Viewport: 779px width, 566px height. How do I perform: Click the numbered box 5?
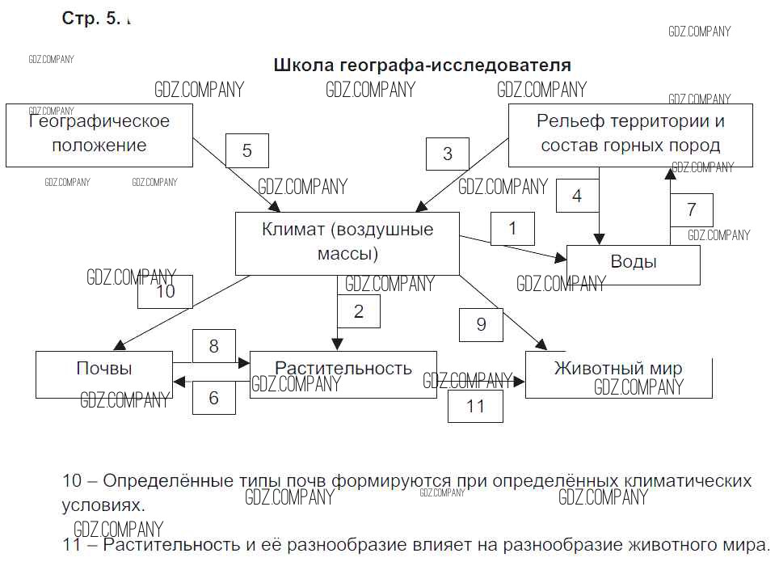click(x=246, y=150)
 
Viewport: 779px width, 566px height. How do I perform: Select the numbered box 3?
click(x=448, y=154)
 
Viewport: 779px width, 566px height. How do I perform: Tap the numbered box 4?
click(x=577, y=196)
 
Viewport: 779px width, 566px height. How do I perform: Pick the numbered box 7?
click(x=691, y=210)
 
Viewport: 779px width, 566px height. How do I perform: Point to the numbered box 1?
click(x=512, y=229)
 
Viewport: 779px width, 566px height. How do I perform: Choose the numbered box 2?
click(x=359, y=310)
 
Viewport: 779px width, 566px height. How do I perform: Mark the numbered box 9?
click(x=481, y=325)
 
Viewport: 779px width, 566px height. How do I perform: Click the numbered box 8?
click(x=214, y=347)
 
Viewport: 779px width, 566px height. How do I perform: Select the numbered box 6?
click(x=214, y=398)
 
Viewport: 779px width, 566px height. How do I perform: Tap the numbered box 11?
click(x=475, y=405)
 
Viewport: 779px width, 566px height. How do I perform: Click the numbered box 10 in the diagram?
click(x=166, y=291)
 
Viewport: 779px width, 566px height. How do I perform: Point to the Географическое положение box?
click(x=99, y=134)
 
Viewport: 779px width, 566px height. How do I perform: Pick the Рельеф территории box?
click(x=630, y=134)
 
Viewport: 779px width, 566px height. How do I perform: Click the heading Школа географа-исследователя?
click(x=423, y=65)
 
